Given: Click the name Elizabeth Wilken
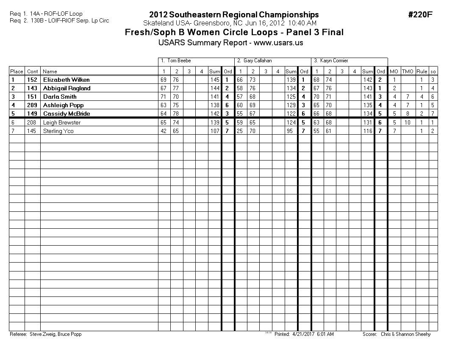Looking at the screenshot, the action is pyautogui.click(x=66, y=80).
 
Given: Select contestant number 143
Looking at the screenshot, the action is pyautogui.click(x=32, y=88).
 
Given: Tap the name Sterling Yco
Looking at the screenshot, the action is pyautogui.click(x=58, y=131).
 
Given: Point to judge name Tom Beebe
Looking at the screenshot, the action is pyautogui.click(x=179, y=61).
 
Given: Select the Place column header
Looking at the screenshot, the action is pyautogui.click(x=17, y=72).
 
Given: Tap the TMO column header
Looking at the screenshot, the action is pyautogui.click(x=408, y=72).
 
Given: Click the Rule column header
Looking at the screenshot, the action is pyautogui.click(x=422, y=72).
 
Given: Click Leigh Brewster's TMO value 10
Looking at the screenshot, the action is pyautogui.click(x=408, y=122).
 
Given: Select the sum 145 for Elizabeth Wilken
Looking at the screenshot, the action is pyautogui.click(x=215, y=80).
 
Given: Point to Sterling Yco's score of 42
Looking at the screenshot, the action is pyautogui.click(x=164, y=131).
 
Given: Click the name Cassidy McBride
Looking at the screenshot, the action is pyautogui.click(x=66, y=114).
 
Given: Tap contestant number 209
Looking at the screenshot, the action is pyautogui.click(x=32, y=105).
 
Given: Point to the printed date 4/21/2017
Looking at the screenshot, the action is pyautogui.click(x=301, y=334).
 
